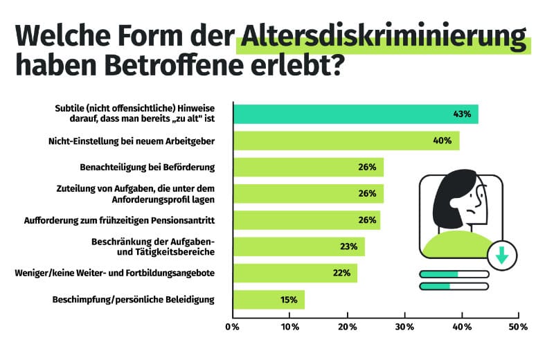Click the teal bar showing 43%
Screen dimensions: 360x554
pos(355,114)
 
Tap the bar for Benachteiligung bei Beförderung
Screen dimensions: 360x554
pos(308,168)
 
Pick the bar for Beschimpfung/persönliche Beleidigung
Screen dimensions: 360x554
pos(269,300)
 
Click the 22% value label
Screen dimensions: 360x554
pos(341,273)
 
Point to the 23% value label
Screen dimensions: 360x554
pos(348,246)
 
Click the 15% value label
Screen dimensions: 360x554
pos(289,300)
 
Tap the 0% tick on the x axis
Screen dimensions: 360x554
pos(233,326)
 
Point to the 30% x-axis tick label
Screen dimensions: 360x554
pos(404,326)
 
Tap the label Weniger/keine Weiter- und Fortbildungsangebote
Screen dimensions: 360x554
pos(114,273)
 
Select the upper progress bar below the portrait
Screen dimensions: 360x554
pos(454,273)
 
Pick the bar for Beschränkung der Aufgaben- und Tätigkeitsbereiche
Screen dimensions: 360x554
pos(298,246)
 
